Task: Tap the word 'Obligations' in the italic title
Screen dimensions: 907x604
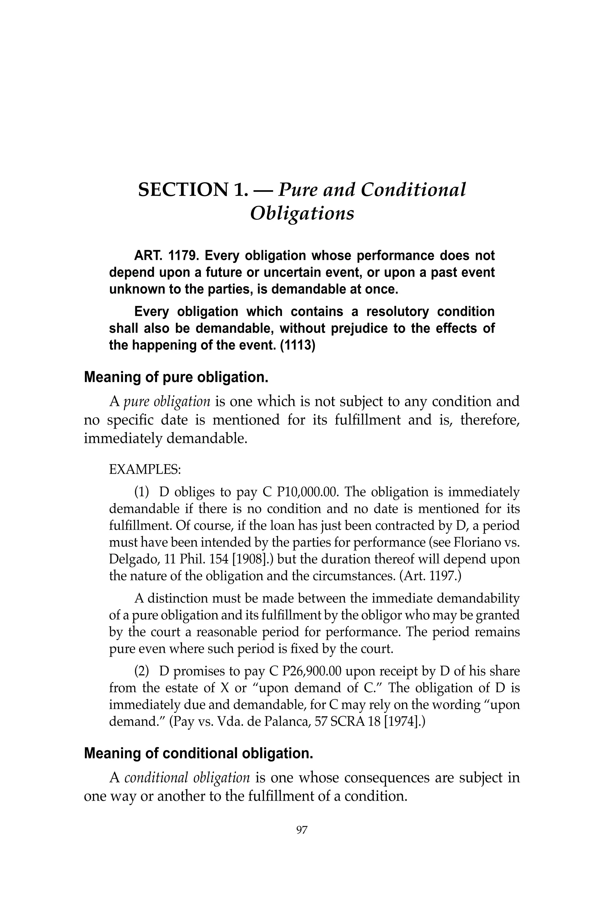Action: [302, 213]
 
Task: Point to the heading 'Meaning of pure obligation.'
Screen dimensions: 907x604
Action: [176, 377]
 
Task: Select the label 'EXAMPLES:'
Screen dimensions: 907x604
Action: [145, 470]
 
